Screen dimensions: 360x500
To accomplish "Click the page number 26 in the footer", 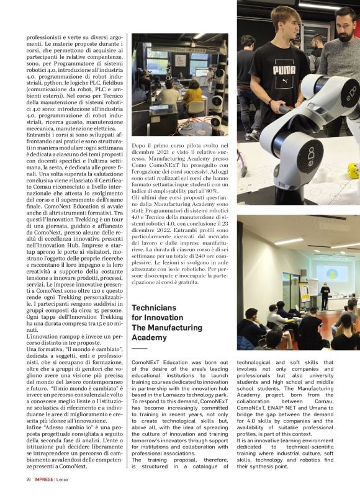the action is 29,480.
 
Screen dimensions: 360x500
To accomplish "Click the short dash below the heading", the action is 140,349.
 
